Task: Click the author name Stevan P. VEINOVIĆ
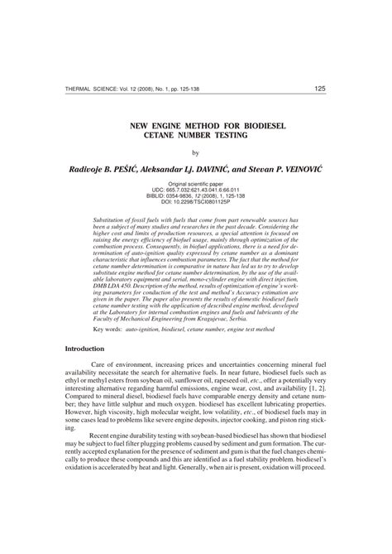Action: point(274,168)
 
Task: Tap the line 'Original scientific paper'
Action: point(196,183)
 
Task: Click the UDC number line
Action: point(196,189)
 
